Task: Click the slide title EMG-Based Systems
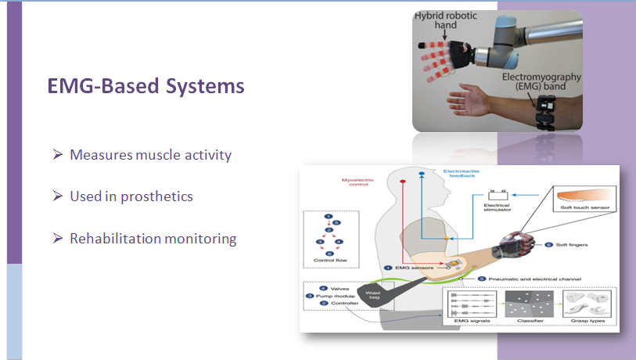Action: click(x=146, y=85)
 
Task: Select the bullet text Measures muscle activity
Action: click(x=150, y=155)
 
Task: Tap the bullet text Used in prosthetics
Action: click(x=131, y=196)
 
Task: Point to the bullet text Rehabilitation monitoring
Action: click(x=153, y=239)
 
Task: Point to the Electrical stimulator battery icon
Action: click(x=498, y=196)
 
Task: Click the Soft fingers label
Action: click(x=573, y=245)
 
